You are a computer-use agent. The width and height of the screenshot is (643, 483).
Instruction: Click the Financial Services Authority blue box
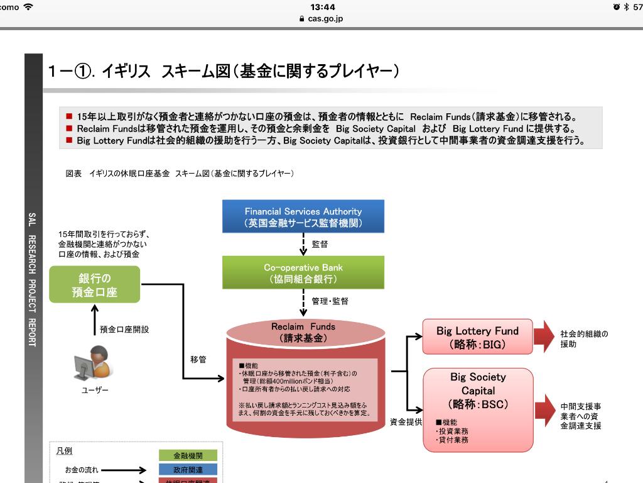click(303, 217)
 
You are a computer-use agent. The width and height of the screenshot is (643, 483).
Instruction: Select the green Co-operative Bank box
click(303, 273)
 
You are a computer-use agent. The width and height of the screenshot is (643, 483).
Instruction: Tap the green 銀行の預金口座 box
click(94, 285)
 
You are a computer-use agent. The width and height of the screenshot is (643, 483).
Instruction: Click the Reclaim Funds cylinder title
click(303, 332)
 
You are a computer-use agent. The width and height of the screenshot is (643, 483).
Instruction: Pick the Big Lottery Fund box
click(478, 337)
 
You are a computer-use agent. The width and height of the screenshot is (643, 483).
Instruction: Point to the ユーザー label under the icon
click(95, 391)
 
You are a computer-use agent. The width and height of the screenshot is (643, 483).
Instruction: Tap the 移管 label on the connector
click(198, 359)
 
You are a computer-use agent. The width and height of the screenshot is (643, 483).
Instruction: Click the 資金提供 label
click(406, 421)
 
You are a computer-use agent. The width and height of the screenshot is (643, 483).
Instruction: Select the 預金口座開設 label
click(124, 329)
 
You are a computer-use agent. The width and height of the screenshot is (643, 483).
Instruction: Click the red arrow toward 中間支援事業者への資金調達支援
click(544, 412)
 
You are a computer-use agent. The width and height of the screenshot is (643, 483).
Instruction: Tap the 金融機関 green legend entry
click(187, 455)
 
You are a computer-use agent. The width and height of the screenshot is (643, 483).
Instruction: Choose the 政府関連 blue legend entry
click(187, 469)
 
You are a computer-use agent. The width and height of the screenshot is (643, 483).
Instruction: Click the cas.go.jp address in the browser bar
click(321, 19)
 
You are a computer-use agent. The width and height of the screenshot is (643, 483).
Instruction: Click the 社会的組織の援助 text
click(584, 339)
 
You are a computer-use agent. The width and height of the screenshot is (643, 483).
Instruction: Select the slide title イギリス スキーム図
click(223, 71)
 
